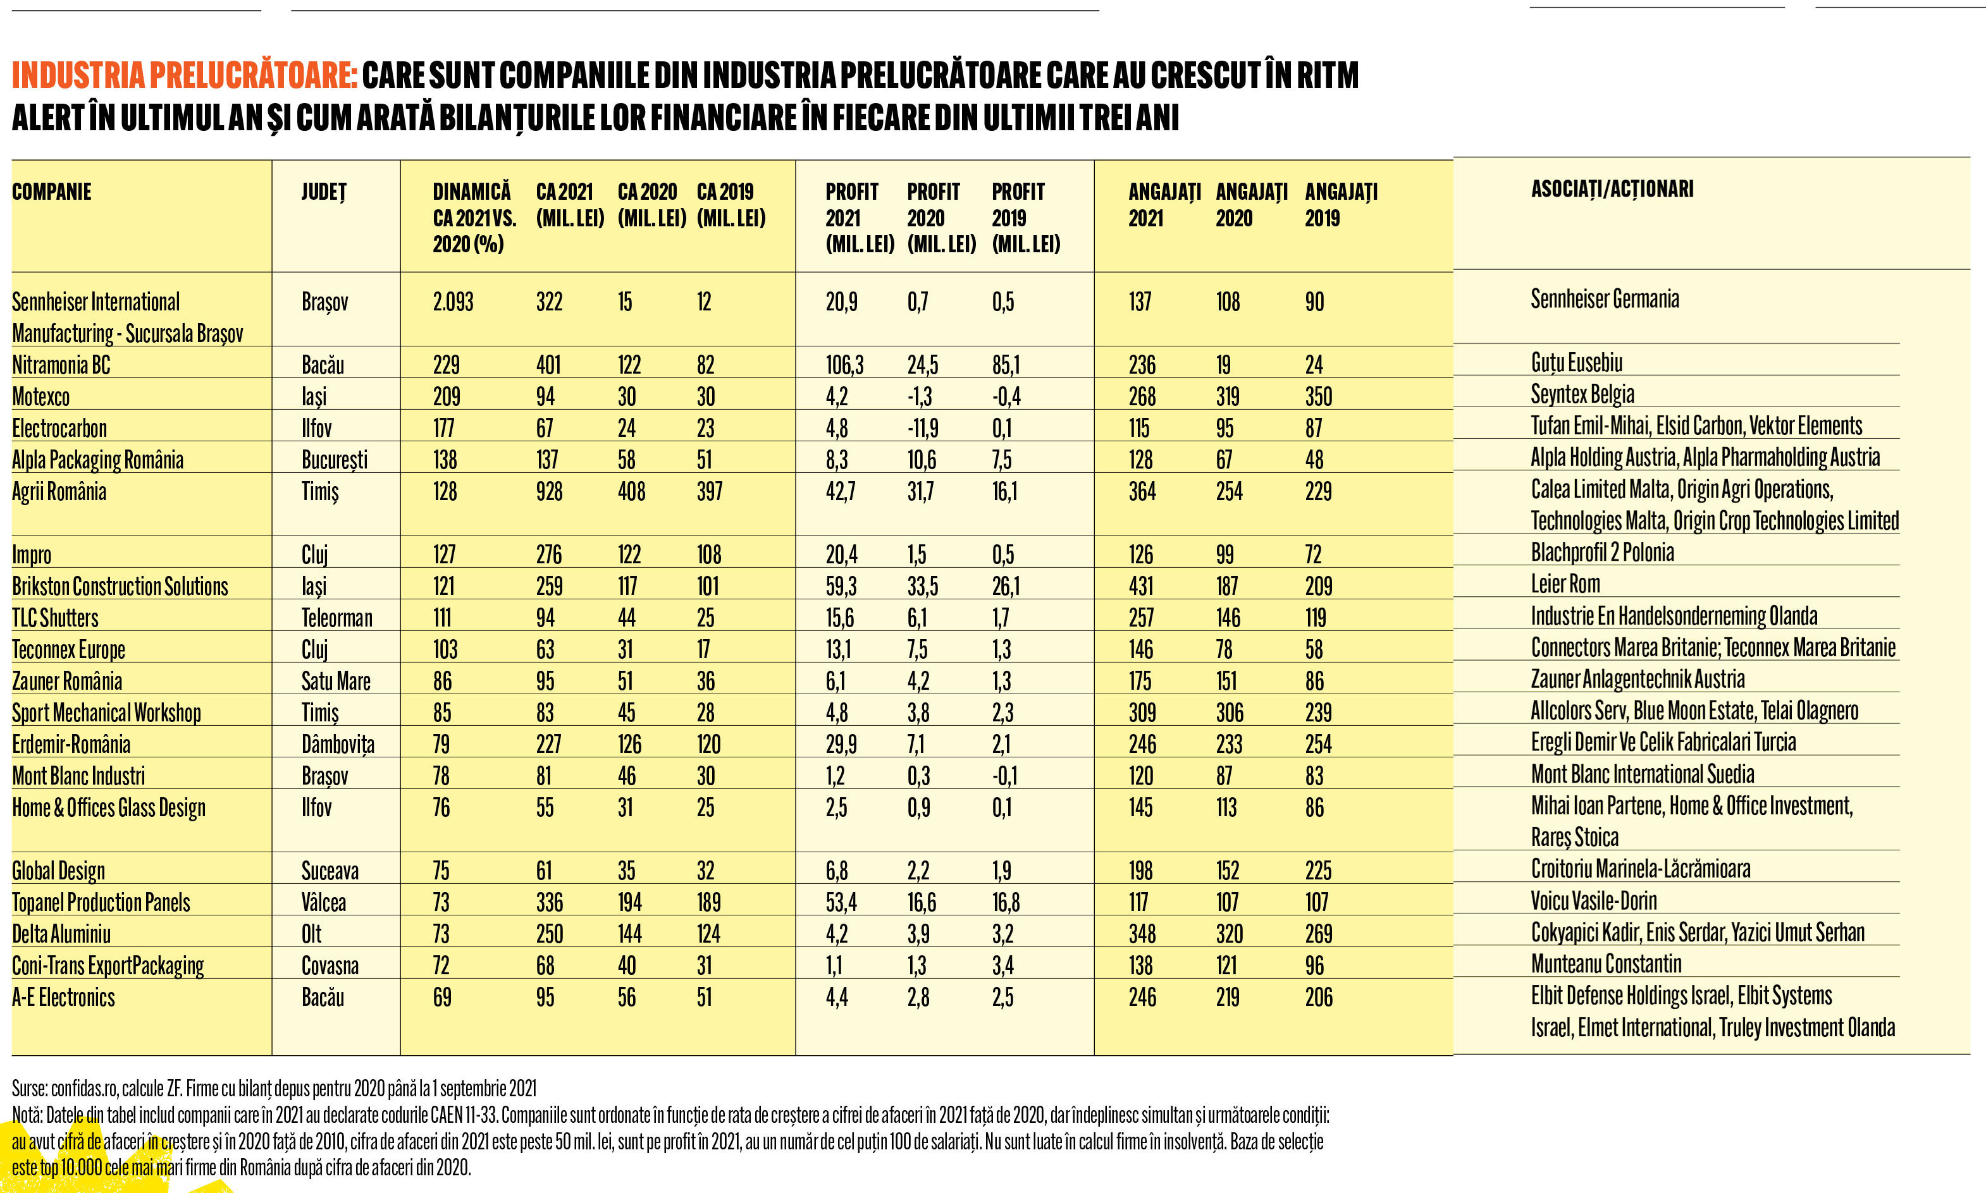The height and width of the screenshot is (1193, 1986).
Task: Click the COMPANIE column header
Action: [51, 192]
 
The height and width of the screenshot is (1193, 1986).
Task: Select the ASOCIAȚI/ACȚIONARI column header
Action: [1612, 190]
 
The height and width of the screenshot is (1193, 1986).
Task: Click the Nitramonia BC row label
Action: [61, 365]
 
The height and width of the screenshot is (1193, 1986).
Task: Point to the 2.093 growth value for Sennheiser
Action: [453, 302]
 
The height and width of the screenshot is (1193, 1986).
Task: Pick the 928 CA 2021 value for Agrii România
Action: [549, 491]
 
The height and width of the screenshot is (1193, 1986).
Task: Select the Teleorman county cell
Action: [337, 618]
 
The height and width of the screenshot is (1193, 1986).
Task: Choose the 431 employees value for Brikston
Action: [1142, 586]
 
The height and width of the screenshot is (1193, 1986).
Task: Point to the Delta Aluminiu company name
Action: [61, 934]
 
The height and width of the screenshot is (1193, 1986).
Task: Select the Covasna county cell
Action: [330, 965]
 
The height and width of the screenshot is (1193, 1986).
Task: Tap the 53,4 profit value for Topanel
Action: [841, 903]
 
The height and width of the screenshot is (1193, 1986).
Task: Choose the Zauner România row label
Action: [67, 681]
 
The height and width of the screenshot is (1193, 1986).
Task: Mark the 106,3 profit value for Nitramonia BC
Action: [844, 365]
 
